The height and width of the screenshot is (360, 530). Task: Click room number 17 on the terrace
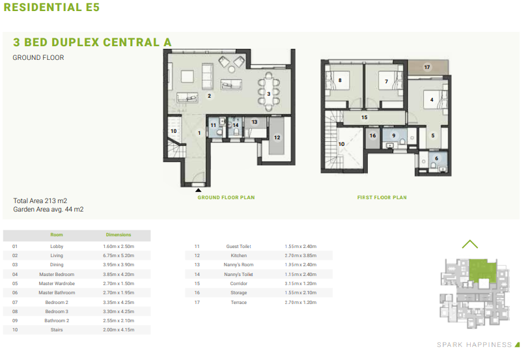tap(427, 67)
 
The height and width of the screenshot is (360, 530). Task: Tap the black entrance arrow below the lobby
tap(199, 190)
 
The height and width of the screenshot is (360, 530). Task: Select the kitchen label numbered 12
tap(277, 137)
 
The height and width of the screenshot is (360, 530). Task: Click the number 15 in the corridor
tap(364, 117)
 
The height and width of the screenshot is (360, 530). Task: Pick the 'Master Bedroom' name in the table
tap(57, 275)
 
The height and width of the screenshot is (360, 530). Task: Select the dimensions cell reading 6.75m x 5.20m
tap(119, 256)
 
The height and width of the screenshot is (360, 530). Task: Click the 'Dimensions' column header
tap(119, 234)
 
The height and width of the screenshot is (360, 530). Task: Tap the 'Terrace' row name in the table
tap(239, 302)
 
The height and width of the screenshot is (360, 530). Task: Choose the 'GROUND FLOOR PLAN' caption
tap(226, 197)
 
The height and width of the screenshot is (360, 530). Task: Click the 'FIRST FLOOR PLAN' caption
tap(382, 197)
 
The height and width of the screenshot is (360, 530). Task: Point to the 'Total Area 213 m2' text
tap(40, 201)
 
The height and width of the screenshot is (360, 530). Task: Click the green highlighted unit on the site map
tap(482, 270)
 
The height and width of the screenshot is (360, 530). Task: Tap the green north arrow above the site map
tap(470, 243)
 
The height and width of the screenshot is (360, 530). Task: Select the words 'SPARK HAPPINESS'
tap(474, 345)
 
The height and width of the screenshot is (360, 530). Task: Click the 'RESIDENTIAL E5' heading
tap(51, 7)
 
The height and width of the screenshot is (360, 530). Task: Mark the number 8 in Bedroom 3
tap(340, 80)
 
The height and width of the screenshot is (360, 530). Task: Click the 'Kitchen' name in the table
tap(239, 256)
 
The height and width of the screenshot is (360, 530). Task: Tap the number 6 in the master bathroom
tap(436, 158)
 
